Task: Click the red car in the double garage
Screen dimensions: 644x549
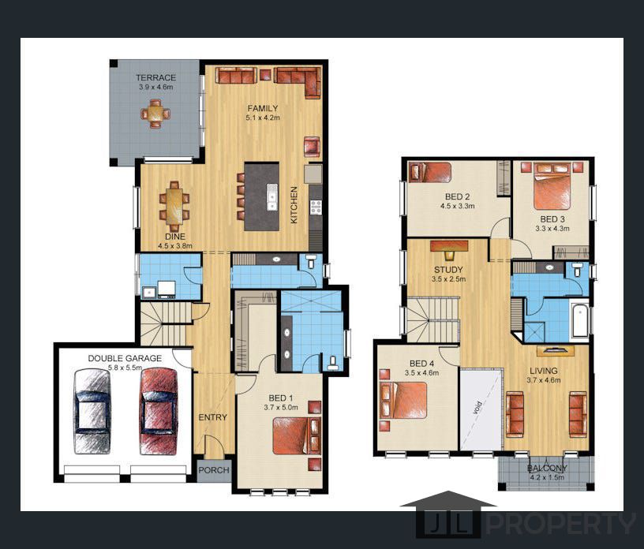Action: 159,412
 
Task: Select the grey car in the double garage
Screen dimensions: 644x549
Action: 92,412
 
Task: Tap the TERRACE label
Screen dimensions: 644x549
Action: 156,77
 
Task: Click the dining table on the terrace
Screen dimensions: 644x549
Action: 155,114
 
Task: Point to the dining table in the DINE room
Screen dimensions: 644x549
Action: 174,206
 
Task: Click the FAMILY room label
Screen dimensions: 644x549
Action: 263,108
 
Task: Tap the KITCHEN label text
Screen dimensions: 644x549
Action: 294,205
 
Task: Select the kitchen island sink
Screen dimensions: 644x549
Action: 272,197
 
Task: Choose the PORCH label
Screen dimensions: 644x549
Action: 214,470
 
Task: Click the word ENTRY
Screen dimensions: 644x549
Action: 213,417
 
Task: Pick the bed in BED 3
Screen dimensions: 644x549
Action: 552,187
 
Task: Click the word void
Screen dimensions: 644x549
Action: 477,408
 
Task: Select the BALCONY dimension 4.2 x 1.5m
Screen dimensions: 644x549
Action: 547,477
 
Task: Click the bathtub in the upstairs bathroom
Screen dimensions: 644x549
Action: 581,319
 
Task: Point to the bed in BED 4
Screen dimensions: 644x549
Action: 403,400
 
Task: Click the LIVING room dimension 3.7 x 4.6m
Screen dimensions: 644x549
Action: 543,380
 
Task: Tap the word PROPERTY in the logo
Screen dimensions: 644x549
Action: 560,524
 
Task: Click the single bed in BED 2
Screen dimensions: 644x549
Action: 429,173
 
